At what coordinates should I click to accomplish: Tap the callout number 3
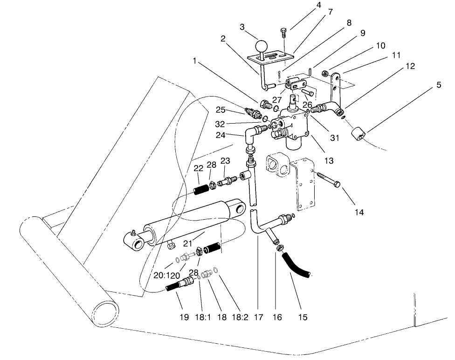(x=242, y=27)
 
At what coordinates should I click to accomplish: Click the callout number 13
(x=329, y=161)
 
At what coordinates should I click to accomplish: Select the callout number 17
(x=259, y=318)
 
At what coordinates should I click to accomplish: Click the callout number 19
(x=184, y=318)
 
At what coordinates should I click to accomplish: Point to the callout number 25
(x=220, y=110)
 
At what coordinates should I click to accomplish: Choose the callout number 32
(x=220, y=125)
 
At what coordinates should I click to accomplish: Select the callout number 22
(x=199, y=168)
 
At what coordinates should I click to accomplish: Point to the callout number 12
(x=410, y=66)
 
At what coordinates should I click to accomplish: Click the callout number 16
(x=277, y=318)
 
